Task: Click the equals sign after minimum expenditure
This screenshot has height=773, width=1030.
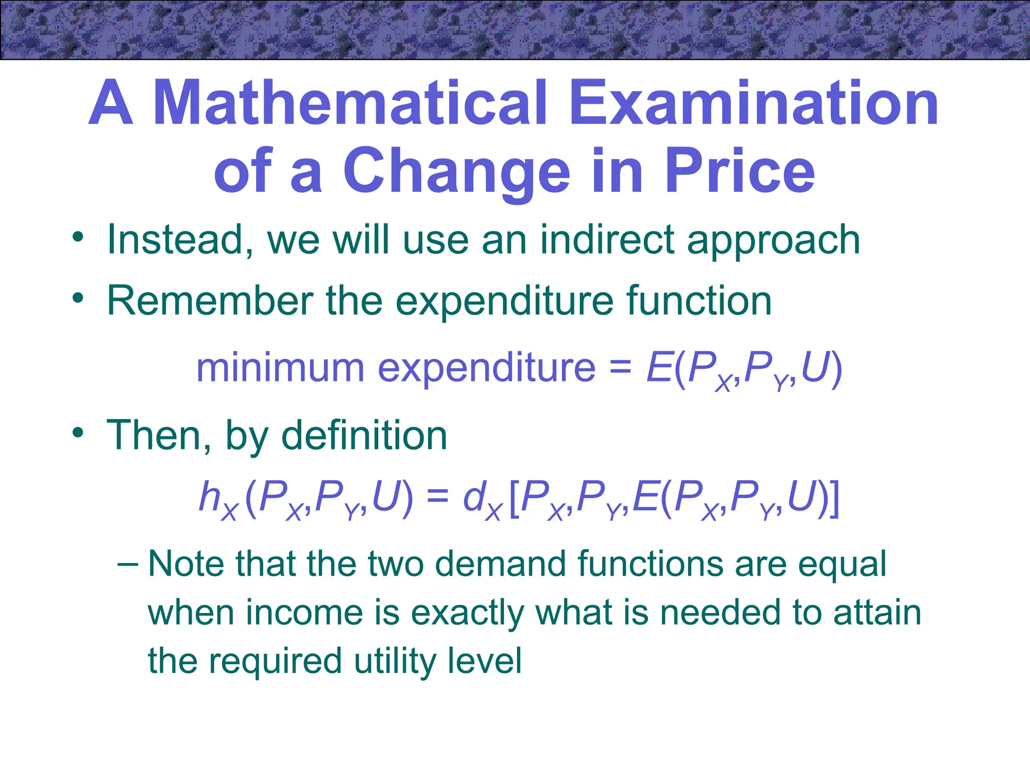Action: pos(620,368)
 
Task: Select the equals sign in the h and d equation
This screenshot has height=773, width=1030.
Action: pos(437,497)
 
